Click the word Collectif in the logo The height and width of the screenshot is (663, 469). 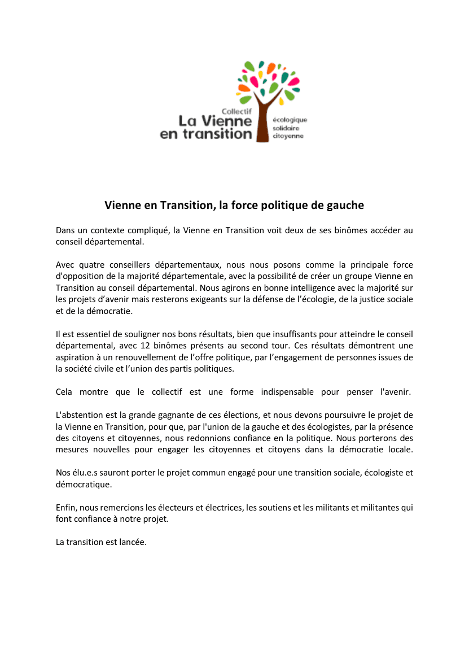pos(236,111)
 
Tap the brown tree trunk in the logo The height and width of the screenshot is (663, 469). pos(262,121)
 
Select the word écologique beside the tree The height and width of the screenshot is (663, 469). pos(290,120)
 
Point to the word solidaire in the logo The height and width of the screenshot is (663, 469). pos(286,128)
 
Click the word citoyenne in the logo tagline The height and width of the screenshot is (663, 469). pos(288,136)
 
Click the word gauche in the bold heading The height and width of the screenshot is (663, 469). pos(345,206)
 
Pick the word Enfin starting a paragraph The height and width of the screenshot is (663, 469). pos(65,508)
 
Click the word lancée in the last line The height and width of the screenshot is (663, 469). pos(133,542)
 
